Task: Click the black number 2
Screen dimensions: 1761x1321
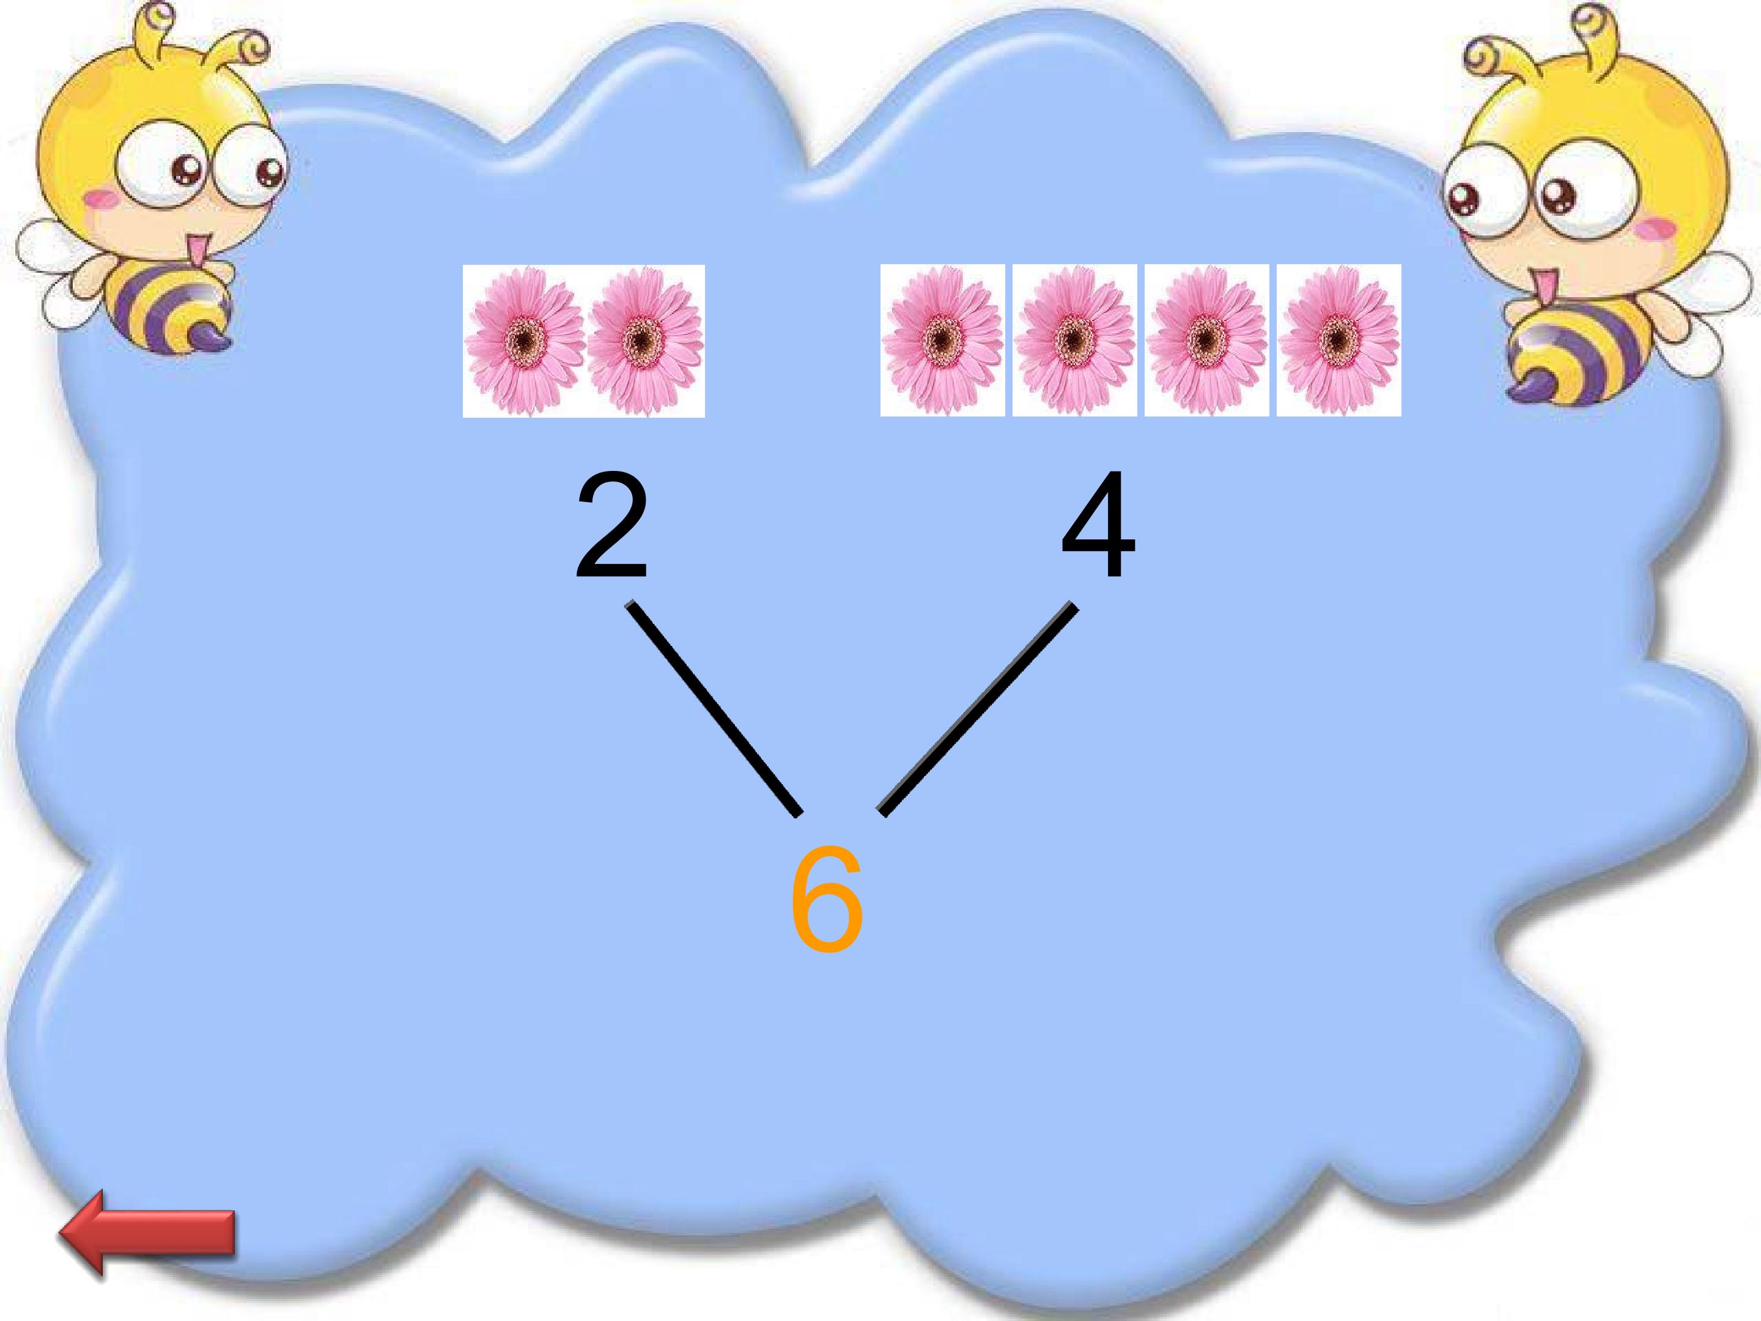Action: (x=611, y=525)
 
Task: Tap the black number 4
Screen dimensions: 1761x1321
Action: (x=1099, y=525)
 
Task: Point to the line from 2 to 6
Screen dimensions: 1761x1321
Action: (x=714, y=709)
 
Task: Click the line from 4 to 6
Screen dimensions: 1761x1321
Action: (x=978, y=709)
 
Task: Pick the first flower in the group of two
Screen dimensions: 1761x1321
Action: (x=524, y=341)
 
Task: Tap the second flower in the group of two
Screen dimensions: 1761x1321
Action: (x=645, y=341)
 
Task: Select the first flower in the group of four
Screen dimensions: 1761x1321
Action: (x=943, y=340)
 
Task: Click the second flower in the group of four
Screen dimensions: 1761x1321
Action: (x=1075, y=340)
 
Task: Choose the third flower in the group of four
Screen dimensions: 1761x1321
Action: (x=1207, y=340)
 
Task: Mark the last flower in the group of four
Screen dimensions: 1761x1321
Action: (x=1339, y=340)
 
